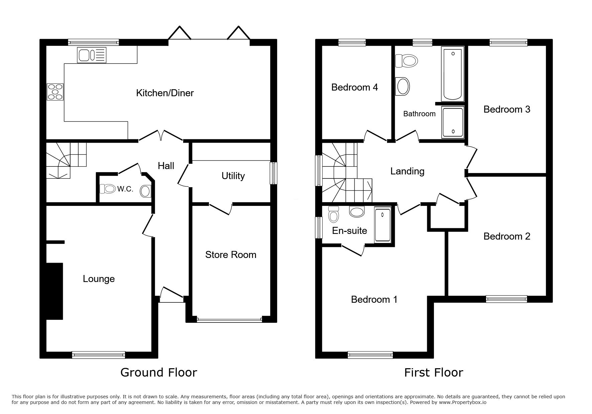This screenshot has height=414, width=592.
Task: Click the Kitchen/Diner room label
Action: tap(165, 93)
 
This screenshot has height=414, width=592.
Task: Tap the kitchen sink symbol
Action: tap(92, 55)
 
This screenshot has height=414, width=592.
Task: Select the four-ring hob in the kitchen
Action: tap(55, 92)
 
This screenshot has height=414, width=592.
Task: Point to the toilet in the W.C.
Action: tap(107, 189)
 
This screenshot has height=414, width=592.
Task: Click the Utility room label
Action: tap(233, 176)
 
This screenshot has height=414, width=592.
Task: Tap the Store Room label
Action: tap(231, 255)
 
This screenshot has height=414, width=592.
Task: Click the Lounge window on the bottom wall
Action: tap(99, 355)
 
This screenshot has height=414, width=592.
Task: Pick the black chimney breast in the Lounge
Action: tap(54, 291)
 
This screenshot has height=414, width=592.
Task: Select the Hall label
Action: tap(166, 166)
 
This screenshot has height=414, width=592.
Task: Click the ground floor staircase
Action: tap(66, 160)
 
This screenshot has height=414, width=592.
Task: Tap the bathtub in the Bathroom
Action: tap(453, 74)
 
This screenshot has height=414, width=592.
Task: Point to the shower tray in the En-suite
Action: tap(382, 225)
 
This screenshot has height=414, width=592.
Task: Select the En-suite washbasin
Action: tap(357, 212)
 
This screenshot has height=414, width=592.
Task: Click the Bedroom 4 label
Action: tap(354, 88)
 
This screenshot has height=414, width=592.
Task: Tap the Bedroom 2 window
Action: tap(506, 299)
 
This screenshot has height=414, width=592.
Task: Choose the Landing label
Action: tap(407, 171)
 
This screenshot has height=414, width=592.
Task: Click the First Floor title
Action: tap(434, 372)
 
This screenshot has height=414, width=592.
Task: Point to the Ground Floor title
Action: tap(158, 372)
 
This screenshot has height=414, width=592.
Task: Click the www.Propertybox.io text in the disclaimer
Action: tap(463, 402)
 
